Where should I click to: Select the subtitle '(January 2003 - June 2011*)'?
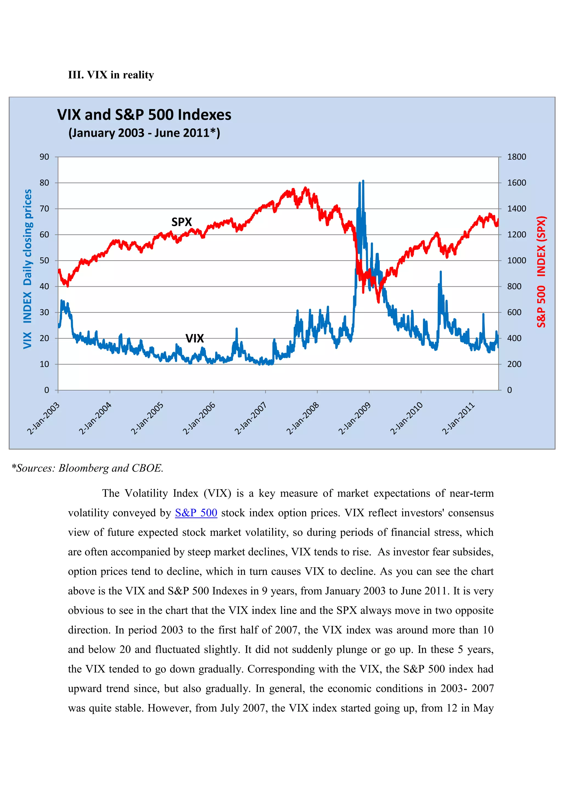[x=144, y=133]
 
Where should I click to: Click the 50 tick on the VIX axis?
[x=44, y=260]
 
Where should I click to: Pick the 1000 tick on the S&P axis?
[x=516, y=260]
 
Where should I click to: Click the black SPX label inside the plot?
[x=181, y=222]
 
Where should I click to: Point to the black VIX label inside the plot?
[x=195, y=338]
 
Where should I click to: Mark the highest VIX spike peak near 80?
[x=363, y=181]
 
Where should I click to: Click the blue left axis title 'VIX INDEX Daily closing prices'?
[x=27, y=269]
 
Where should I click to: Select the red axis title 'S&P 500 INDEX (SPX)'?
[x=541, y=272]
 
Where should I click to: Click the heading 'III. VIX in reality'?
[x=111, y=75]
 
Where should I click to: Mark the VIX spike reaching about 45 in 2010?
[x=440, y=272]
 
